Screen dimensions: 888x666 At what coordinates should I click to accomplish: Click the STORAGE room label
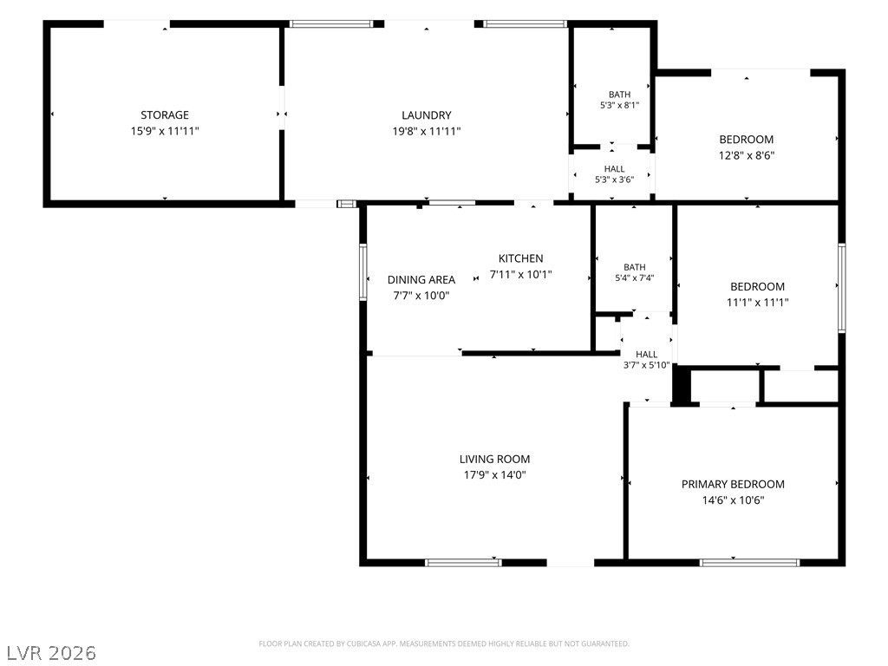click(165, 115)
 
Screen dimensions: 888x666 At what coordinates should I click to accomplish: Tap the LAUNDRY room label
click(427, 115)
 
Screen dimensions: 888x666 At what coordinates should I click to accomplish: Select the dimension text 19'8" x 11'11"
click(427, 132)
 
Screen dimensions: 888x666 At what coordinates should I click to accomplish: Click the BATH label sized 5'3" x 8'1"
click(619, 95)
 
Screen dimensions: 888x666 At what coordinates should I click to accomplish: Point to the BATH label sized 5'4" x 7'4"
click(634, 267)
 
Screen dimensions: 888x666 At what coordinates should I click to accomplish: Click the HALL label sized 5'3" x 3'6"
click(615, 169)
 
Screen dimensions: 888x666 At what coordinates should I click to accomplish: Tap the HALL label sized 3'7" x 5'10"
click(646, 355)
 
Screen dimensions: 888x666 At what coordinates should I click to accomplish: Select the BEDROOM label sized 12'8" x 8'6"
click(747, 140)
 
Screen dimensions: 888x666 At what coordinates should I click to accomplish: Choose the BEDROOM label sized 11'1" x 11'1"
click(757, 286)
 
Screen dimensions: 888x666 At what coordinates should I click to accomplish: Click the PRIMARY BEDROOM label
click(733, 484)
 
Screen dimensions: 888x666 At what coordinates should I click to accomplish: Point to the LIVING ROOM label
click(494, 460)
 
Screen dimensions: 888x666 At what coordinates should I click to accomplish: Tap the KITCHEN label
click(520, 258)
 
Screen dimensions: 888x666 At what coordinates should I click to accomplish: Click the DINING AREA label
click(421, 280)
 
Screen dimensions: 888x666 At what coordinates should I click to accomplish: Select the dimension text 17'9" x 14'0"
click(495, 475)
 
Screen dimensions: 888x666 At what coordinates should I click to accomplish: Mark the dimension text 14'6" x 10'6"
click(734, 500)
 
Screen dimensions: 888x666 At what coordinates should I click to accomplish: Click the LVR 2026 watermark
click(51, 652)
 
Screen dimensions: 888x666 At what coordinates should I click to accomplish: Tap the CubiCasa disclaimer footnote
click(444, 644)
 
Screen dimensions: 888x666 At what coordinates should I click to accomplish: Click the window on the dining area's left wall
click(363, 271)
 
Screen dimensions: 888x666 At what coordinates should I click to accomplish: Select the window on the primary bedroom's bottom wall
click(749, 562)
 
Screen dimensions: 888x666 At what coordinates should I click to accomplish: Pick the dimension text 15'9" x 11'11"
click(165, 132)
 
